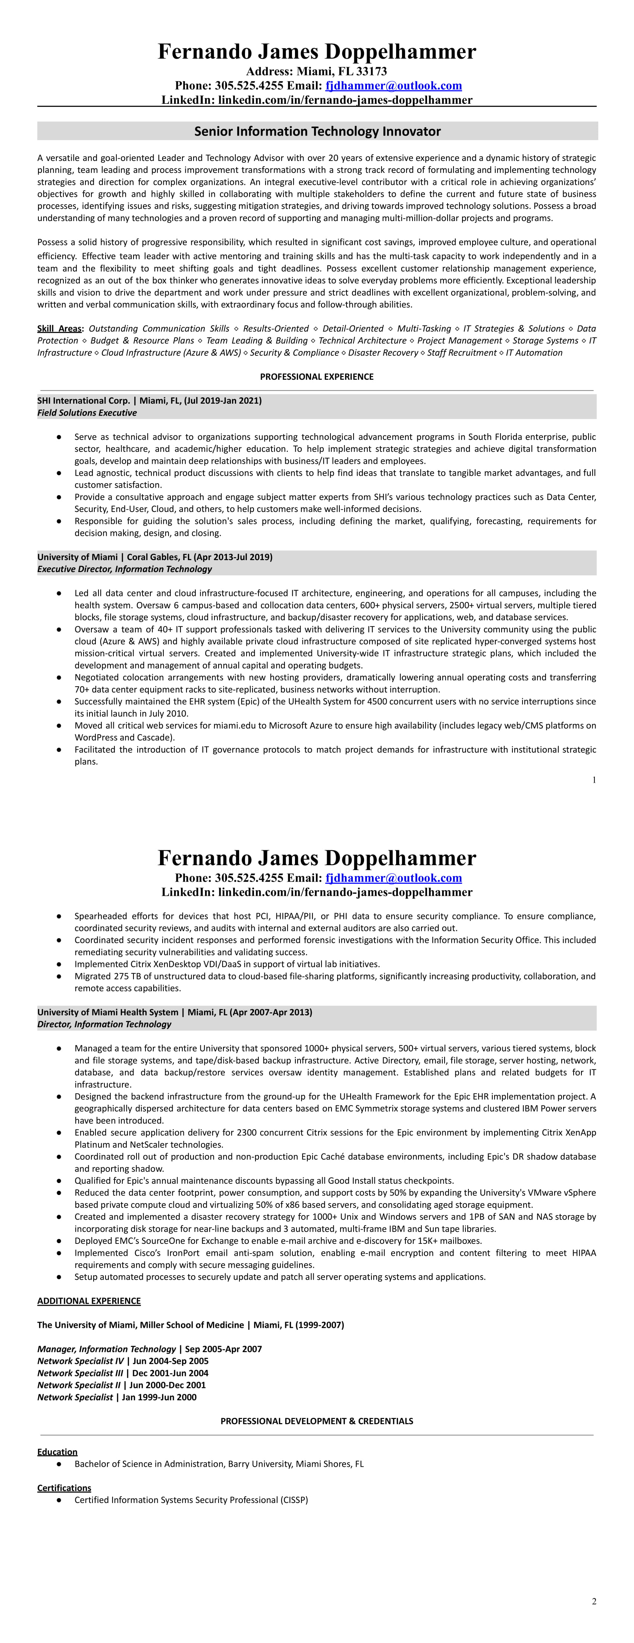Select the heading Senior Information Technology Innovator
317,131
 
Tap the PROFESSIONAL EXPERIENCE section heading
317,376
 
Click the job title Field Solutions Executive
87,413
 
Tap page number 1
594,779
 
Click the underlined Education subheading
57,1452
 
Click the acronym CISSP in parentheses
294,1500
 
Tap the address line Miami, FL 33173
342,71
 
